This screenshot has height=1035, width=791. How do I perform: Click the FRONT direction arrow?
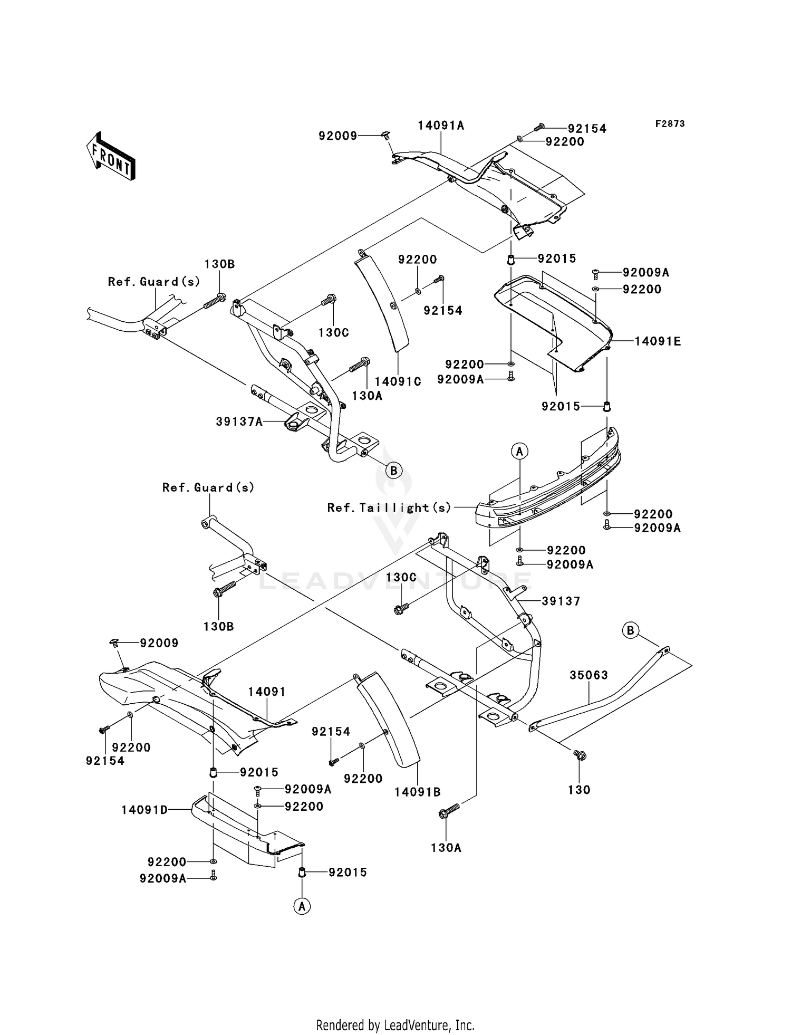point(111,156)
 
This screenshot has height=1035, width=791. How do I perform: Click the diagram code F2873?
point(670,124)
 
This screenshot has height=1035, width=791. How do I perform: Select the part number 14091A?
point(441,126)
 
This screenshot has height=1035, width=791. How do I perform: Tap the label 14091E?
point(657,341)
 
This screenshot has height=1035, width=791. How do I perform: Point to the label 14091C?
point(398,381)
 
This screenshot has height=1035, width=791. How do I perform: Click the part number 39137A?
point(239,421)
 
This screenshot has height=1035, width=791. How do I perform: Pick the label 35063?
point(589,675)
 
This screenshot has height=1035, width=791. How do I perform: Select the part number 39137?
point(561,601)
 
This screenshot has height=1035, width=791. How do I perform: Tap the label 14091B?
point(417,792)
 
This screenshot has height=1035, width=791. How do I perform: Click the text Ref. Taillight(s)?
point(389,507)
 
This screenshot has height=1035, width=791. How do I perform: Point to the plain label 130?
point(579,790)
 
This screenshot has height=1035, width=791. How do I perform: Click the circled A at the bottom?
point(302,906)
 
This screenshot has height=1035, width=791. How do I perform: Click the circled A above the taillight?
point(519,452)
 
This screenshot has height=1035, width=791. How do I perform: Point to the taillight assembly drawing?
point(548,485)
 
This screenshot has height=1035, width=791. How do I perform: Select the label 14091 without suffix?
point(267,692)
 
